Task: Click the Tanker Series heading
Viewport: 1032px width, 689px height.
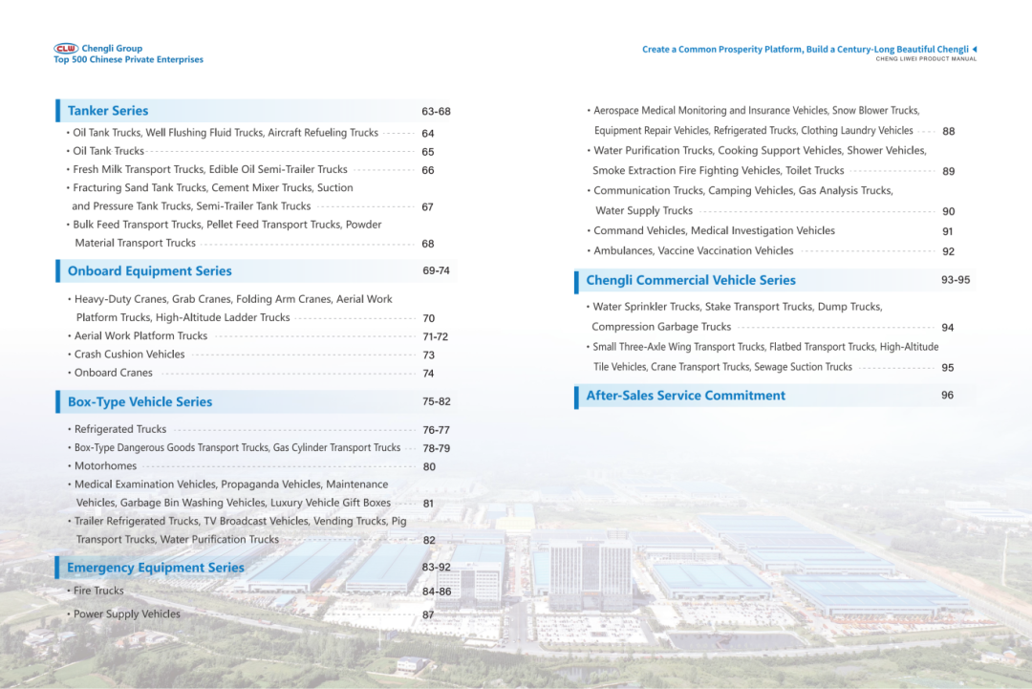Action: [x=108, y=111]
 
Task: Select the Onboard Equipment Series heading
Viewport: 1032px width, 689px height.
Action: [x=149, y=271]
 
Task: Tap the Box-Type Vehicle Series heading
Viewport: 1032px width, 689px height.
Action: [x=140, y=402]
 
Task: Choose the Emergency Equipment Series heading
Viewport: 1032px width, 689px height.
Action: [x=156, y=568]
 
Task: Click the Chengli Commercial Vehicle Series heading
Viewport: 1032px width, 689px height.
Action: [x=690, y=281]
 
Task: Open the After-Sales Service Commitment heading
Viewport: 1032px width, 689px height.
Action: [x=685, y=396]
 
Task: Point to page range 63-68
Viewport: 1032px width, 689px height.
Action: [x=436, y=112]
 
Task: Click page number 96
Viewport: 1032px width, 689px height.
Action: [x=947, y=396]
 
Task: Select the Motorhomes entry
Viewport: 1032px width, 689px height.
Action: [x=105, y=466]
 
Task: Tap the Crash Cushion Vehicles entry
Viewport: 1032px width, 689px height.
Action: [x=129, y=355]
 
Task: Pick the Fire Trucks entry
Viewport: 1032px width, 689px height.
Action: [x=98, y=592]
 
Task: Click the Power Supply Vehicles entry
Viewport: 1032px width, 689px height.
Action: [x=126, y=614]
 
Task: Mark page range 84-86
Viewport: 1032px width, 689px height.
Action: [x=436, y=592]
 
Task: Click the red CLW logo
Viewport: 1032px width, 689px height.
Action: [x=66, y=48]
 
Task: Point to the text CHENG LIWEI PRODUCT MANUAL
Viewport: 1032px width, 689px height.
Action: [x=926, y=59]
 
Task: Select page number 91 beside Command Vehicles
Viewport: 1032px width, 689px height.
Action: [x=948, y=231]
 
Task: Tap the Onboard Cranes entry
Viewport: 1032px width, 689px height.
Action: [x=113, y=373]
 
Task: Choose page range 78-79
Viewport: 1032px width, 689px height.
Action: [x=436, y=448]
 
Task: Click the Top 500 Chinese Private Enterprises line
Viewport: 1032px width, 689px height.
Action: [x=128, y=60]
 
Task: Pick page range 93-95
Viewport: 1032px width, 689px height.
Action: [x=955, y=280]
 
